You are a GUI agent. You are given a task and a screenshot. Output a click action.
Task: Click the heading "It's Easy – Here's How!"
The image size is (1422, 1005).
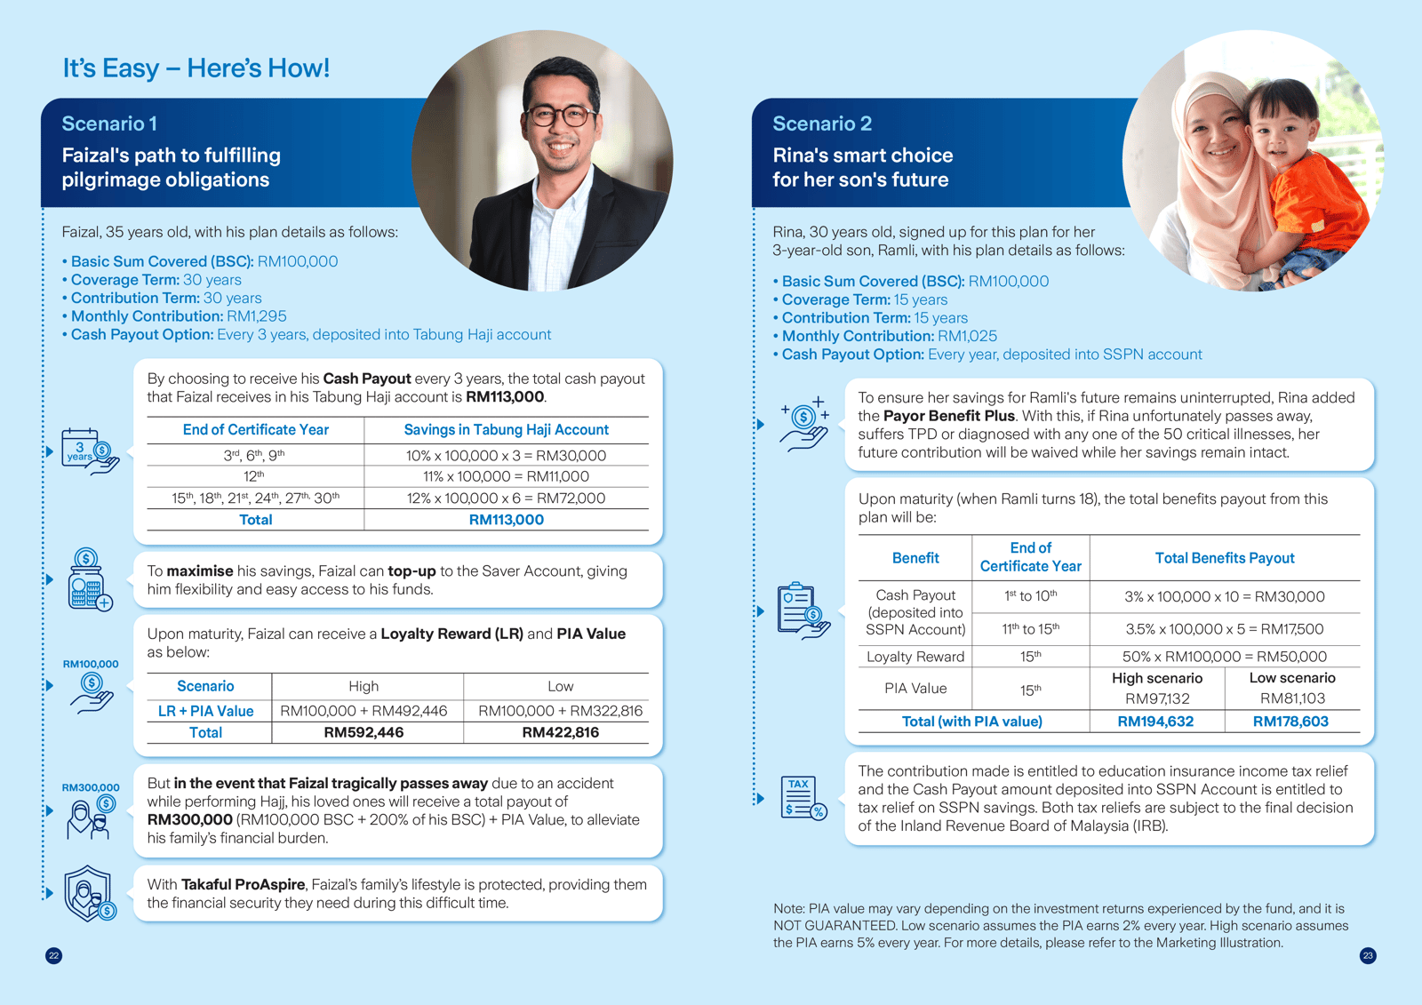[196, 68]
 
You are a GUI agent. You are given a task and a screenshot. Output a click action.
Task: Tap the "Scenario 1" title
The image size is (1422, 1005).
[109, 124]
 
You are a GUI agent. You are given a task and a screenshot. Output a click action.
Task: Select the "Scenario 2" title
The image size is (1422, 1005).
[822, 124]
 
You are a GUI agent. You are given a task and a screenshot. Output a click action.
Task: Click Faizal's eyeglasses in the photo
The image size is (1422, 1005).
[560, 116]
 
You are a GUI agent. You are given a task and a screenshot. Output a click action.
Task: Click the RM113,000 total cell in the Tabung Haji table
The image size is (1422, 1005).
[506, 520]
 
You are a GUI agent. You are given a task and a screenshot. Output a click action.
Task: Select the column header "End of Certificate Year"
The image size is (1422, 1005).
[255, 430]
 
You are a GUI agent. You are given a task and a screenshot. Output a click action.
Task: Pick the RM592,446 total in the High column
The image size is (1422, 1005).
[363, 732]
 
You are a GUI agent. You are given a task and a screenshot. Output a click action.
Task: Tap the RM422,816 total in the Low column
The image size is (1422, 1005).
[560, 732]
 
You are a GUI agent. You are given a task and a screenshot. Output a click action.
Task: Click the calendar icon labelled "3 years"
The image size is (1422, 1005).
[87, 451]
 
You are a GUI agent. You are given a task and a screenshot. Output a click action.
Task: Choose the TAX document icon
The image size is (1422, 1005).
[803, 797]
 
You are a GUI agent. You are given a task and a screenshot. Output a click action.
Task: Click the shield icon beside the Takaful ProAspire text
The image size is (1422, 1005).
[89, 894]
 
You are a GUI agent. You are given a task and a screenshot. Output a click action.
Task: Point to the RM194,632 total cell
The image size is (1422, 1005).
[1155, 722]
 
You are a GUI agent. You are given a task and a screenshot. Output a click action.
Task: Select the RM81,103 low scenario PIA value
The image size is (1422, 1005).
[1292, 698]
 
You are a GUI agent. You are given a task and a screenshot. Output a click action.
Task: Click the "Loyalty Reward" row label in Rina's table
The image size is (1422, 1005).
[915, 657]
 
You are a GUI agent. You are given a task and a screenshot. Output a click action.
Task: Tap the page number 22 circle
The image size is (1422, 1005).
[54, 956]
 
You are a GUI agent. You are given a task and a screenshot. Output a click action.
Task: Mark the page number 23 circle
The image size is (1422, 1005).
[1368, 956]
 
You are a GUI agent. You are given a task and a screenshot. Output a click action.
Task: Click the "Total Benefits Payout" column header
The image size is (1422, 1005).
[1225, 558]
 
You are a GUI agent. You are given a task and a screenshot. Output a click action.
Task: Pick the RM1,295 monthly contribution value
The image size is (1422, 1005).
[257, 316]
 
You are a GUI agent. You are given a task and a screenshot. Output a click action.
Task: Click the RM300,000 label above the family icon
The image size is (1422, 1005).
[91, 787]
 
